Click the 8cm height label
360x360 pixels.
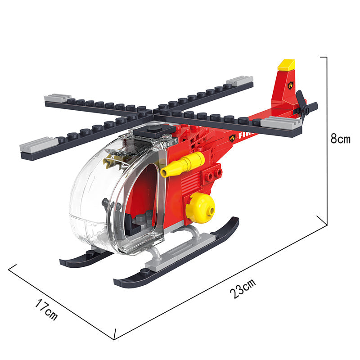pyautogui.click(x=340, y=139)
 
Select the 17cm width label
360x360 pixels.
pyautogui.click(x=46, y=310)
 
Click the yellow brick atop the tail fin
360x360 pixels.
pyautogui.click(x=286, y=65)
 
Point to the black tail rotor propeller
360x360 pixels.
pyautogui.click(x=306, y=108)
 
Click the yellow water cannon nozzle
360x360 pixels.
pyautogui.click(x=183, y=164)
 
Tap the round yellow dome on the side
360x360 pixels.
pyautogui.click(x=200, y=207)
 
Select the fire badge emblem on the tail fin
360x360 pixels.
pyautogui.click(x=291, y=85)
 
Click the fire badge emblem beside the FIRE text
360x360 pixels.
pyautogui.click(x=232, y=138)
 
